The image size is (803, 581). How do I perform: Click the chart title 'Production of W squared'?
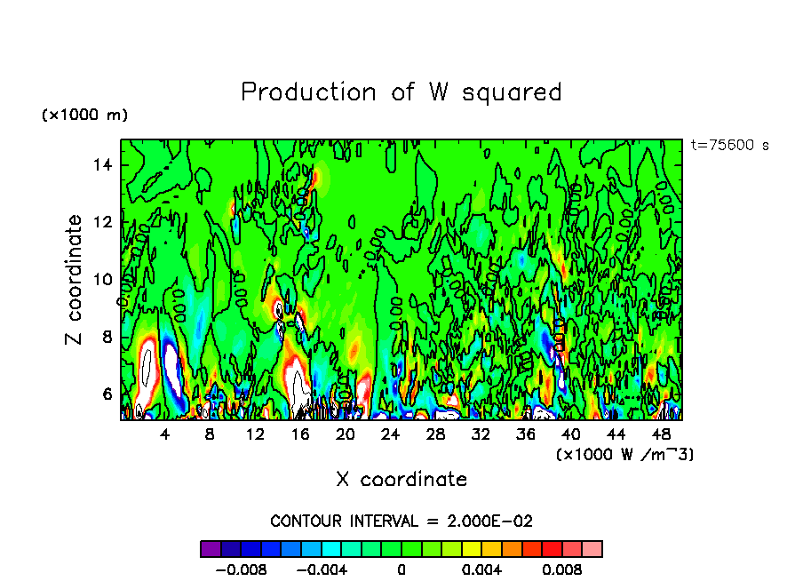(401, 92)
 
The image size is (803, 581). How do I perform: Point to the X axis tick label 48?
(661, 434)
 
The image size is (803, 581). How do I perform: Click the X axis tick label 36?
(526, 434)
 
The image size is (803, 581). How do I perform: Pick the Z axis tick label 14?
(102, 164)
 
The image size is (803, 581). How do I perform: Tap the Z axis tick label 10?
(102, 279)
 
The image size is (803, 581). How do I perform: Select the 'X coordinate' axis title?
(401, 480)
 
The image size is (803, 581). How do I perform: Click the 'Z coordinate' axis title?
(75, 280)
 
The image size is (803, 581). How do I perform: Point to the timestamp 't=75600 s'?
(729, 146)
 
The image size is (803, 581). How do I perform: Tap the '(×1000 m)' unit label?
(84, 115)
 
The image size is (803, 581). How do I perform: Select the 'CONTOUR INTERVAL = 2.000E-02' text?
(401, 521)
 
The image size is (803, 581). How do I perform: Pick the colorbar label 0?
(401, 569)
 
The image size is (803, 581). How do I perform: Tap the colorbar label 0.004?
(483, 569)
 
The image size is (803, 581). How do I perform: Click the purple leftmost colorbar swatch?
(211, 549)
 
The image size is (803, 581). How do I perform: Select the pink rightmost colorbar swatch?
(592, 549)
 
